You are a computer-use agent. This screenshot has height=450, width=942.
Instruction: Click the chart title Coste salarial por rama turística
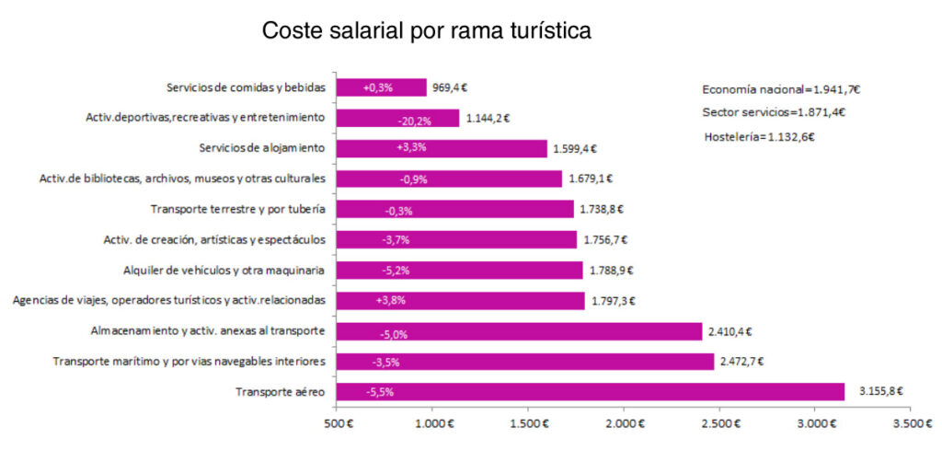(x=427, y=30)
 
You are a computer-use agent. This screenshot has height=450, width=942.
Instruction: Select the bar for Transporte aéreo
(x=590, y=392)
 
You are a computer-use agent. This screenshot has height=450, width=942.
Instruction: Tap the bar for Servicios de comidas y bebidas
(x=382, y=87)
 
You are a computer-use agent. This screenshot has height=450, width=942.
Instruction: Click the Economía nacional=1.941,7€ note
(x=781, y=89)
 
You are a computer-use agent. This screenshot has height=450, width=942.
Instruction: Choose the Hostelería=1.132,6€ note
(x=758, y=136)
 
